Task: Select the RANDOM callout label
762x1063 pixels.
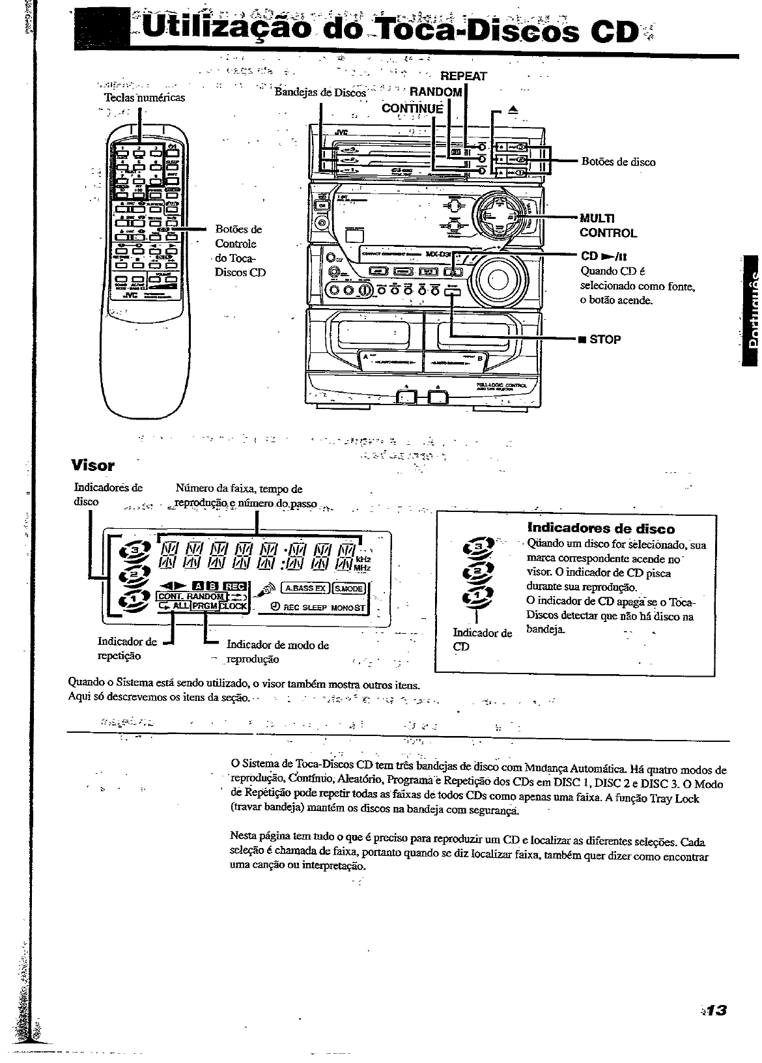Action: tap(435, 92)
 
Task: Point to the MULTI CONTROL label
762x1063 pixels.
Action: tap(608, 225)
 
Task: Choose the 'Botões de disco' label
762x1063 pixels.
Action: tap(618, 162)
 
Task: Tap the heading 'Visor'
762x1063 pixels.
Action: tap(92, 465)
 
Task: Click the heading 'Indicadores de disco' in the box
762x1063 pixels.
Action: tap(600, 528)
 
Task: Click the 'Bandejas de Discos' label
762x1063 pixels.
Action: tap(320, 92)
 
